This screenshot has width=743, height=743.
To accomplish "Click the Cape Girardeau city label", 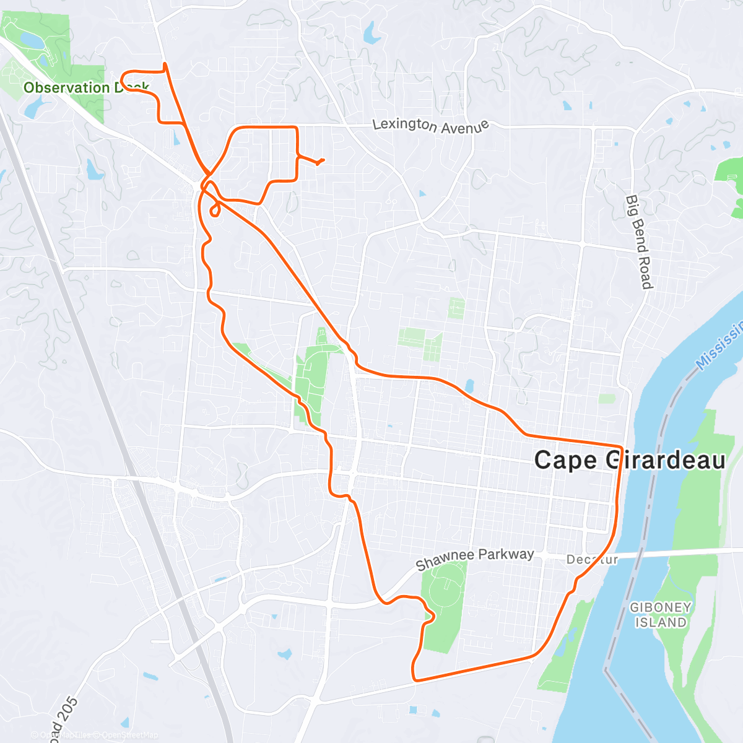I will coord(629,460).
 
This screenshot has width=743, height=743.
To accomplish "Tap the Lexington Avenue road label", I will coord(431,126).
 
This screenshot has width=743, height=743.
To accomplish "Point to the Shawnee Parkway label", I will coord(474,559).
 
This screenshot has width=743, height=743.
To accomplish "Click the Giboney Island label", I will coord(661,615).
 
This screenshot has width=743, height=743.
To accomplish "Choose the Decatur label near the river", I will coord(592,560).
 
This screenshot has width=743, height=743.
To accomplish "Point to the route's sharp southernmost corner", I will coord(414,679).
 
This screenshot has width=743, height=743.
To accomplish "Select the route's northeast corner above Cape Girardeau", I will coord(620,446).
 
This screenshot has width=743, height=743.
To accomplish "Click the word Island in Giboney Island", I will coord(661,623).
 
